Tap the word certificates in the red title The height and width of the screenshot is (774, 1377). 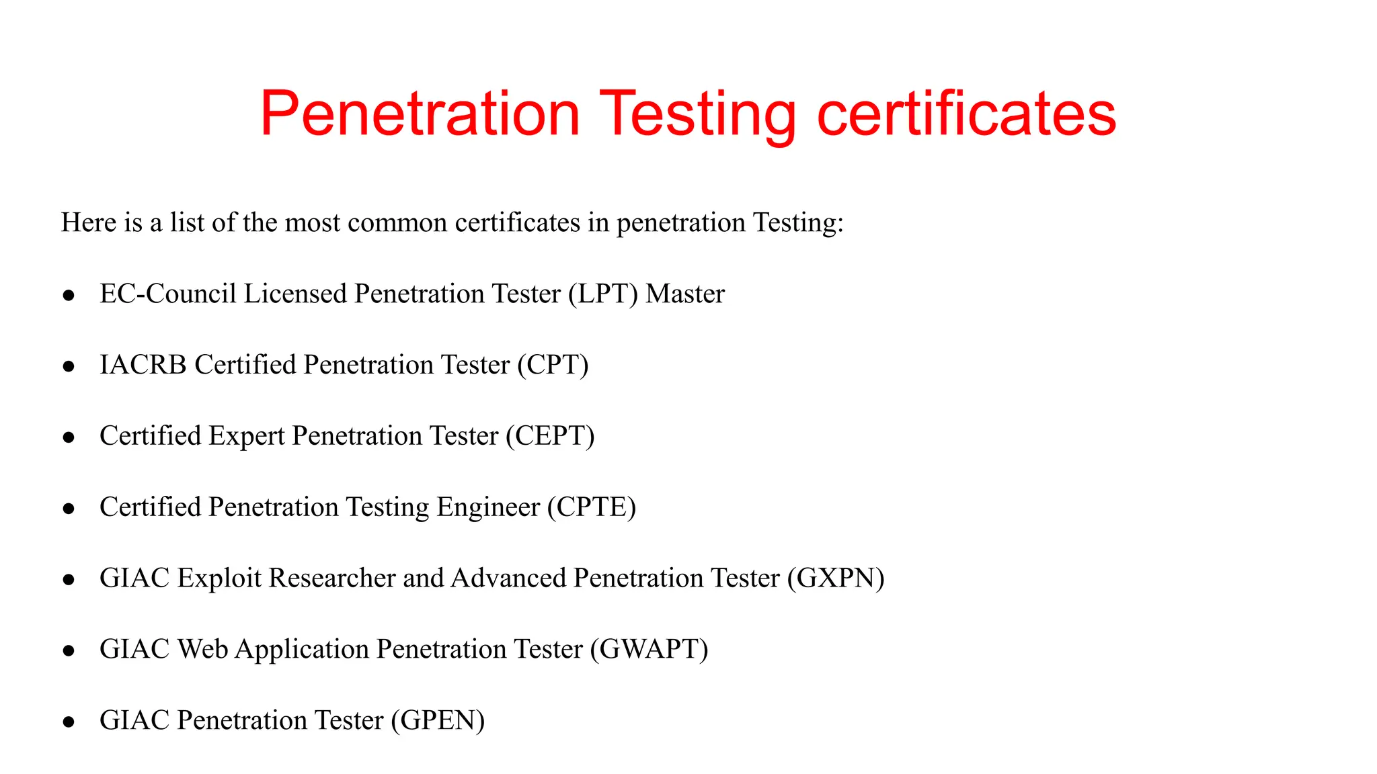pyautogui.click(x=966, y=114)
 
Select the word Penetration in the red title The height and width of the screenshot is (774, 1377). pyautogui.click(x=420, y=114)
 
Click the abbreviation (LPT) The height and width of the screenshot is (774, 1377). pyautogui.click(x=602, y=294)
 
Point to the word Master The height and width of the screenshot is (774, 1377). pyautogui.click(x=685, y=294)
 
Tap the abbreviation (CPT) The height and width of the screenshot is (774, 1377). pyautogui.click(x=553, y=365)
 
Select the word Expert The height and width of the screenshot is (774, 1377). pyautogui.click(x=247, y=436)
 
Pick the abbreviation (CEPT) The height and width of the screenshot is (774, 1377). pyautogui.click(x=550, y=436)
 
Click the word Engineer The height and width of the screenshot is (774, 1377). pyautogui.click(x=488, y=507)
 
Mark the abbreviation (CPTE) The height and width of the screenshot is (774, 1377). pyautogui.click(x=592, y=507)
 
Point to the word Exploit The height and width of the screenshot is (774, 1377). pyautogui.click(x=219, y=578)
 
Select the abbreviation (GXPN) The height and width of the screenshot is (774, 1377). pyautogui.click(x=836, y=578)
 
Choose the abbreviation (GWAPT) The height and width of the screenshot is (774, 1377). pyautogui.click(x=649, y=650)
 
